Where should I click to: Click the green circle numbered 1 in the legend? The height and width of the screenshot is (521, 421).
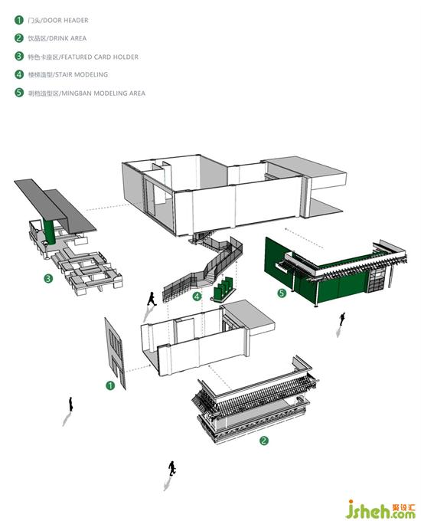click(x=19, y=20)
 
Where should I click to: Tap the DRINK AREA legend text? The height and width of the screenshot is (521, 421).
click(x=67, y=38)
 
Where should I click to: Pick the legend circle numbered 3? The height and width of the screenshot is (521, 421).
click(x=19, y=56)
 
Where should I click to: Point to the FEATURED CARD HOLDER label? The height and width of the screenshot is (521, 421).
click(x=100, y=57)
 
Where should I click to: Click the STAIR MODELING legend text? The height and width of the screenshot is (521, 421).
click(x=81, y=74)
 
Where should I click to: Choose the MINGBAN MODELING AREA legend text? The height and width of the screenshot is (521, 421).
click(x=103, y=93)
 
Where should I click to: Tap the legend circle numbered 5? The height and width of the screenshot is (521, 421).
click(x=19, y=93)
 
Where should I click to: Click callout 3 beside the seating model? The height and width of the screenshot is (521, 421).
click(x=48, y=278)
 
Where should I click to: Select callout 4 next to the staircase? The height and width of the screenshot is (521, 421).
click(x=197, y=296)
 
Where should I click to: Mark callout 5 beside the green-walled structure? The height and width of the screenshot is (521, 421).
click(x=282, y=293)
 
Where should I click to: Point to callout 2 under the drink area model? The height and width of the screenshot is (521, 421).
click(x=263, y=441)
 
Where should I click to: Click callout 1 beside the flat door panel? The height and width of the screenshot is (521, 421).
click(x=110, y=385)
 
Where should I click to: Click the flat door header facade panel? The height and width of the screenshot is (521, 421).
click(x=116, y=353)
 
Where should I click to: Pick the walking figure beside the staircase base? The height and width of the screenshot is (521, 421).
click(x=152, y=299)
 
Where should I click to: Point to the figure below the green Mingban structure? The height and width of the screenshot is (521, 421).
click(x=342, y=319)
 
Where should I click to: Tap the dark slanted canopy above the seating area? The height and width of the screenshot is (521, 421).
click(x=56, y=205)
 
